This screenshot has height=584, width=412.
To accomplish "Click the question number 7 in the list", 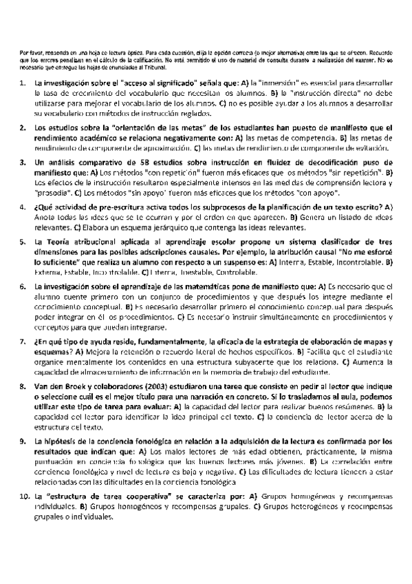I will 22,342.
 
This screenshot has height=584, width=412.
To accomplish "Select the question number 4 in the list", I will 22,207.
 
